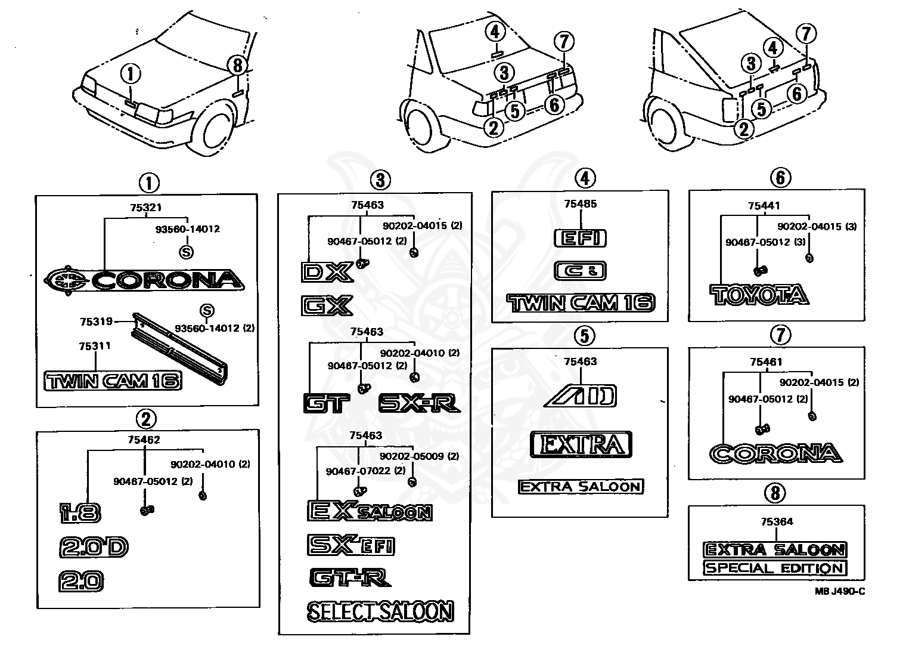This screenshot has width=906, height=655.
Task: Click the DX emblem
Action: [327, 272]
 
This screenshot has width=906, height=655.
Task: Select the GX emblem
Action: [327, 305]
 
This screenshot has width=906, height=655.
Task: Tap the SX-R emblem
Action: [419, 403]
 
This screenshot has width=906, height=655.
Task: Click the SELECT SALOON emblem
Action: [380, 611]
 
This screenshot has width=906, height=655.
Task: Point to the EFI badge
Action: [580, 238]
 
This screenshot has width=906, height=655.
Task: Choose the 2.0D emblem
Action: [94, 547]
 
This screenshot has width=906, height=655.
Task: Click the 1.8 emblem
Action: [80, 513]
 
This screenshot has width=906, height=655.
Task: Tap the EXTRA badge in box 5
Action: [581, 444]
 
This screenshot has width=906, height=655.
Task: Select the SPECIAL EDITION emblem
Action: [774, 568]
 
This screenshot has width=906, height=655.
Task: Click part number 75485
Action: [581, 203]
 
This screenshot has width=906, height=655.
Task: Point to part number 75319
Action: [96, 322]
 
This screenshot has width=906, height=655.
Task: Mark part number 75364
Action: [777, 521]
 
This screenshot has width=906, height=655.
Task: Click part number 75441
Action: [764, 206]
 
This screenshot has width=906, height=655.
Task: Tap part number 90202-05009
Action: [412, 456]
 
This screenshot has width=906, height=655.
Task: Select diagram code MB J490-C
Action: [840, 591]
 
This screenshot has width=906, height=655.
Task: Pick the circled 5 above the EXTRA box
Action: [585, 336]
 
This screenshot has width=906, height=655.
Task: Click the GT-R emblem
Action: [350, 577]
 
